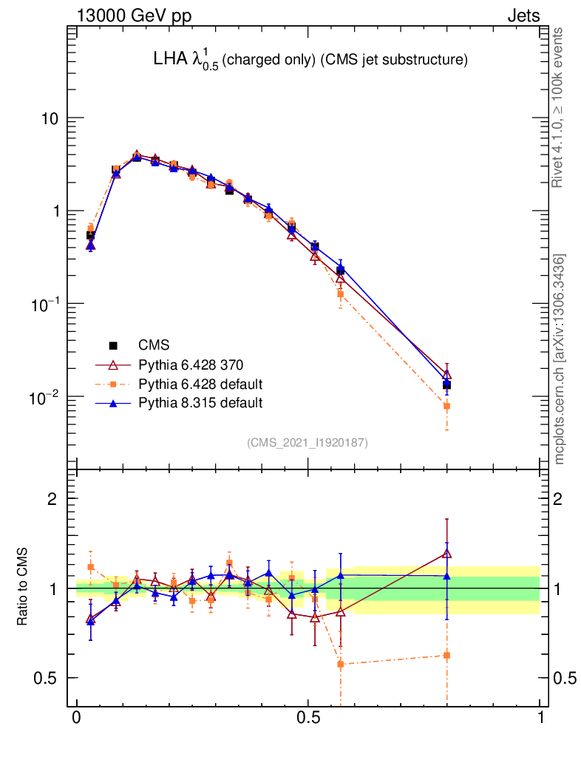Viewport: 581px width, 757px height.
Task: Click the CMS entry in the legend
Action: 154,345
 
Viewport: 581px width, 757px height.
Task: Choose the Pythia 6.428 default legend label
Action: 201,384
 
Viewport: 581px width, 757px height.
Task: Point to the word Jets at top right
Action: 523,16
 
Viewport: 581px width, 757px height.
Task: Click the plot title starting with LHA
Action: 306,60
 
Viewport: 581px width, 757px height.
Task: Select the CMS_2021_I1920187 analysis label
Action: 308,442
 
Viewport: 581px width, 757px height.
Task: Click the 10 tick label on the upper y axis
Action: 50,118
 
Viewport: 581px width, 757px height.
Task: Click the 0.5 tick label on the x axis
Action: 308,719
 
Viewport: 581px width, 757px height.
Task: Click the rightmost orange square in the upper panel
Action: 446,406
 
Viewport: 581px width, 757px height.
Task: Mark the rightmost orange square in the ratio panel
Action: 446,655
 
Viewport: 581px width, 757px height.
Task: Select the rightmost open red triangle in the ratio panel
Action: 446,553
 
